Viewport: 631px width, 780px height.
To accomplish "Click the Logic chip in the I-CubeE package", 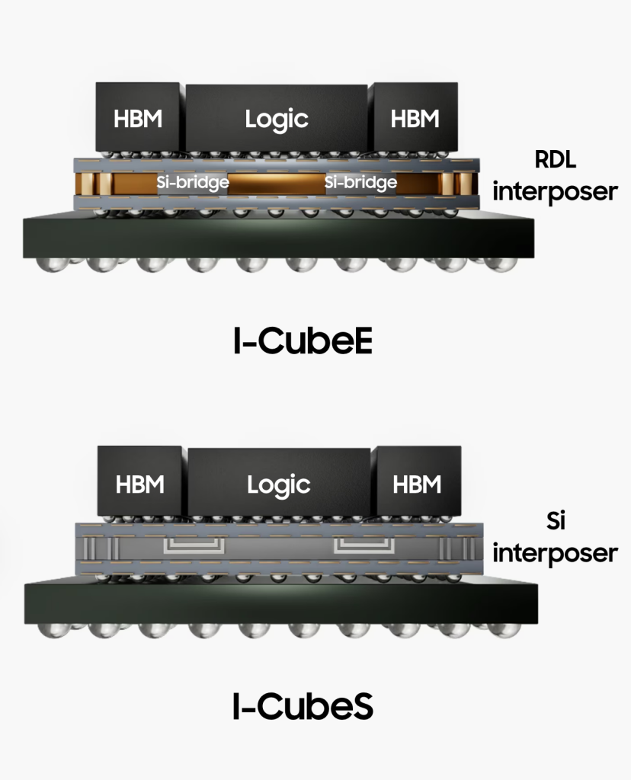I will point(276,118).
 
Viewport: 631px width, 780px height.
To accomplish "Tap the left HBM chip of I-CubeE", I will point(138,118).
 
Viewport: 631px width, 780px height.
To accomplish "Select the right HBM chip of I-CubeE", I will point(415,118).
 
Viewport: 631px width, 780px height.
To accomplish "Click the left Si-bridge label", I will point(193,183).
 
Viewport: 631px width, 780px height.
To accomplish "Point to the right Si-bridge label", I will point(360,183).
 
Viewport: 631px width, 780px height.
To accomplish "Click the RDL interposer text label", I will point(555,176).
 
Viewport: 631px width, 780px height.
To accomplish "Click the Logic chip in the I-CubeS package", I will point(278,484).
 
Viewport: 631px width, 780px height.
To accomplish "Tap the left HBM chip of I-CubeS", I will point(140,484).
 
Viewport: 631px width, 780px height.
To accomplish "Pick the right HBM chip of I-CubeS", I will point(416,484).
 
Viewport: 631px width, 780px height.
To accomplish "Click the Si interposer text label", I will point(555,538).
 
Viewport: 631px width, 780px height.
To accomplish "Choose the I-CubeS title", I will point(303,708).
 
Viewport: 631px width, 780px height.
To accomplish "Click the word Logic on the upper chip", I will point(276,119).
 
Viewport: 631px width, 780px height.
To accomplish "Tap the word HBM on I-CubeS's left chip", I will point(140,484).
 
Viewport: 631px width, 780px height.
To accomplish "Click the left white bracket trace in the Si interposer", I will point(194,545).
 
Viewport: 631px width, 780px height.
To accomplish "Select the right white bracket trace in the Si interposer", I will point(364,545).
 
